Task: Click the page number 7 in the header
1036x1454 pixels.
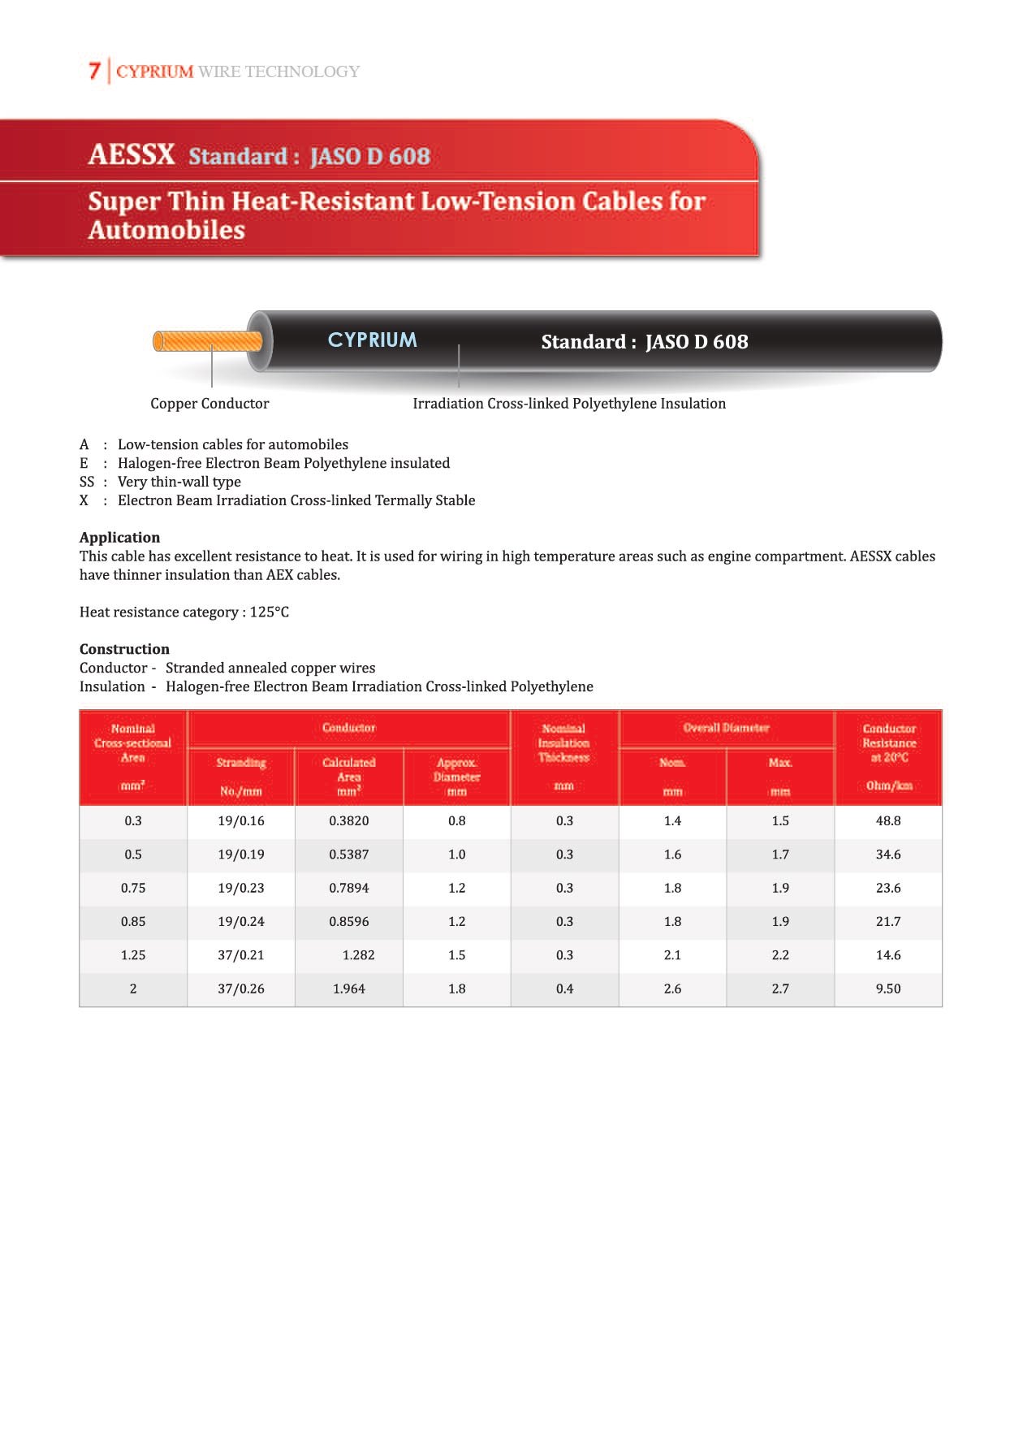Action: coord(94,71)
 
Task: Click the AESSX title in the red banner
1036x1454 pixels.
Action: coord(132,154)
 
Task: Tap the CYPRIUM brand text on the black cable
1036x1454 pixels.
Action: coord(372,340)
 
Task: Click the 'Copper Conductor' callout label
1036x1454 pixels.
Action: coord(209,404)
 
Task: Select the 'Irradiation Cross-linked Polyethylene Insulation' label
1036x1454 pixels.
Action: coord(569,404)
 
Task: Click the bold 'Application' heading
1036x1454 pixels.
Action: coord(119,538)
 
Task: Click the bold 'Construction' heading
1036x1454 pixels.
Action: coord(124,649)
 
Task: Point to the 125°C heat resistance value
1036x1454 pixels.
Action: coord(270,612)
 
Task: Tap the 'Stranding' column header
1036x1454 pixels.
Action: coord(241,763)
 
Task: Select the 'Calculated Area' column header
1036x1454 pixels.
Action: coord(349,769)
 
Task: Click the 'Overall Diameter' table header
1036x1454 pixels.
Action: coord(726,728)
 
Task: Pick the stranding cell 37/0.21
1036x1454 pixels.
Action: coord(241,955)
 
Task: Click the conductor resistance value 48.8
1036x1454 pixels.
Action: coord(888,821)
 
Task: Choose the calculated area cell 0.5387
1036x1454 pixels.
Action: coord(349,855)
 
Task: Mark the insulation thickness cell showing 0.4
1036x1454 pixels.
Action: coord(564,989)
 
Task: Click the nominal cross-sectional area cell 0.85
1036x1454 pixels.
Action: coord(133,922)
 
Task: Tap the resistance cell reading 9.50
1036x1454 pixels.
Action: coord(888,989)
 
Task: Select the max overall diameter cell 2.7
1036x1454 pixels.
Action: coord(780,989)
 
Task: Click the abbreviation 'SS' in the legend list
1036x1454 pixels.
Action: coord(87,482)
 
